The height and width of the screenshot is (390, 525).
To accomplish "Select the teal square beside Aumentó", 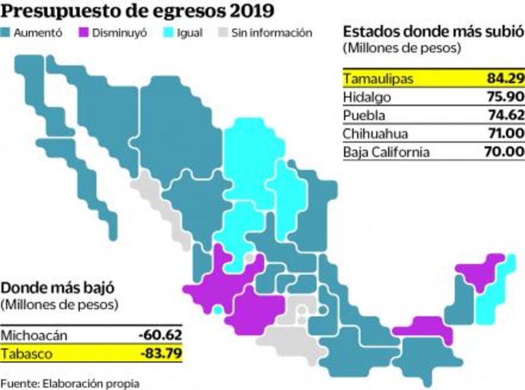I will click(7, 33).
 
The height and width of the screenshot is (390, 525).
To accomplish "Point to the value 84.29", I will click(505, 79).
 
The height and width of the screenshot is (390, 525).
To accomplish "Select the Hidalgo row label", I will click(367, 97).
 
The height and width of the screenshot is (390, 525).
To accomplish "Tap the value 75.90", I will click(505, 97).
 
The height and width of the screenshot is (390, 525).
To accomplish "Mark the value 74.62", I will click(505, 115).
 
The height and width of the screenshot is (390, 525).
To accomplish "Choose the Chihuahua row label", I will click(375, 133).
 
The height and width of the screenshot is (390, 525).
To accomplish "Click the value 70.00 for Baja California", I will click(505, 152).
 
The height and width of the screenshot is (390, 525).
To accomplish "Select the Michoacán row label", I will click(33, 335).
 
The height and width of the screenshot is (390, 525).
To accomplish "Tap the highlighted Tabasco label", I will click(26, 354).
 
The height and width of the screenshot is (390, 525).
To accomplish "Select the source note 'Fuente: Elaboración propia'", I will click(70, 382).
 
